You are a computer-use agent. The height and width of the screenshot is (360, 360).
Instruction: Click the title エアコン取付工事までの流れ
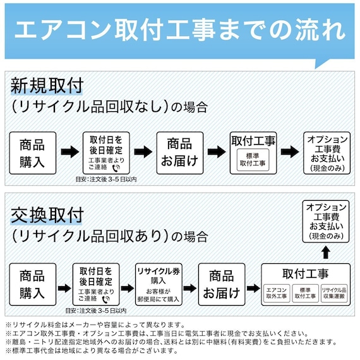pos(180,29)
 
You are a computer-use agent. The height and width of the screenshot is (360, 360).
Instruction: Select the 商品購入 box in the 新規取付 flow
pos(32,152)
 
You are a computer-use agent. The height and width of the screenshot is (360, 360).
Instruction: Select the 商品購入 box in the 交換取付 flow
pos(32,285)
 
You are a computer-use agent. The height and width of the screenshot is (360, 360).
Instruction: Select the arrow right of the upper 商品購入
pos(68,152)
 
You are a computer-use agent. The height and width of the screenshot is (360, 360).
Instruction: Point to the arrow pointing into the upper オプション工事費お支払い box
pos(289,152)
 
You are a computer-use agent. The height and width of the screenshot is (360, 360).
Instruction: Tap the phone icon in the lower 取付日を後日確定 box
pos(104,301)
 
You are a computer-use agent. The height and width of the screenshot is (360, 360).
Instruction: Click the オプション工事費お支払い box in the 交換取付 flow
pos(327,221)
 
